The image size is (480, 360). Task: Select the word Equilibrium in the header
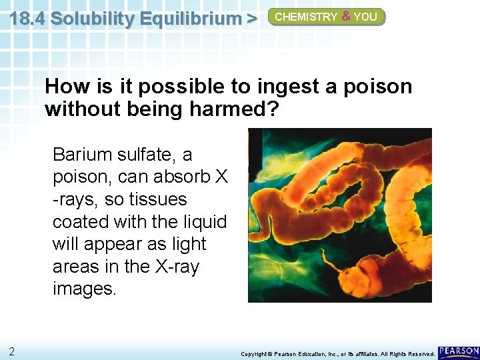pyautogui.click(x=186, y=19)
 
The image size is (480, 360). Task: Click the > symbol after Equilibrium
pyautogui.click(x=251, y=19)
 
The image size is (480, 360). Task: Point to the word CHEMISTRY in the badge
pyautogui.click(x=306, y=17)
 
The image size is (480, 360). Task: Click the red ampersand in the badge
pyautogui.click(x=346, y=17)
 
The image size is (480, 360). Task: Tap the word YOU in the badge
pyautogui.click(x=365, y=17)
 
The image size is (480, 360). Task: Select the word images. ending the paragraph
pyautogui.click(x=83, y=289)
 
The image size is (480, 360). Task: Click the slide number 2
pyautogui.click(x=12, y=351)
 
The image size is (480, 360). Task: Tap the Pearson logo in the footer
pyautogui.click(x=459, y=351)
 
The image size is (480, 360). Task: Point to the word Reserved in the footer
pyautogui.click(x=419, y=353)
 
